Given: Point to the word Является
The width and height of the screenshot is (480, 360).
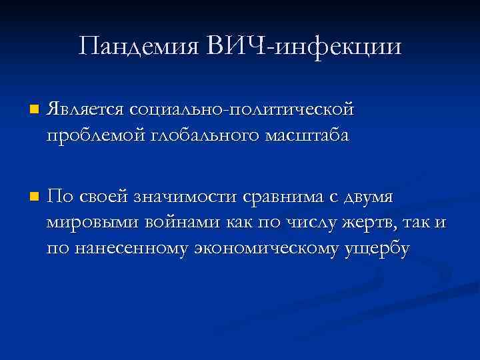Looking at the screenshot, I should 85,108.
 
